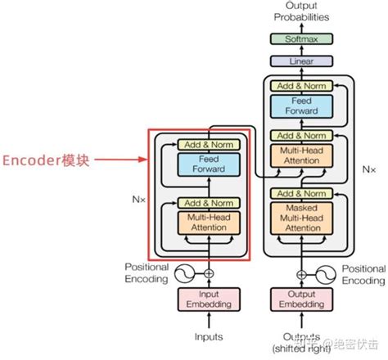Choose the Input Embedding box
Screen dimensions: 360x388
[x=210, y=300]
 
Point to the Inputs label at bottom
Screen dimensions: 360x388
[x=210, y=335]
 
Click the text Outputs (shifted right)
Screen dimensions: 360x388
[x=297, y=340]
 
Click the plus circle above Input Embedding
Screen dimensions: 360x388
[x=210, y=273]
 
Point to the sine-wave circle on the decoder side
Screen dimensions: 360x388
[x=320, y=273]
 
